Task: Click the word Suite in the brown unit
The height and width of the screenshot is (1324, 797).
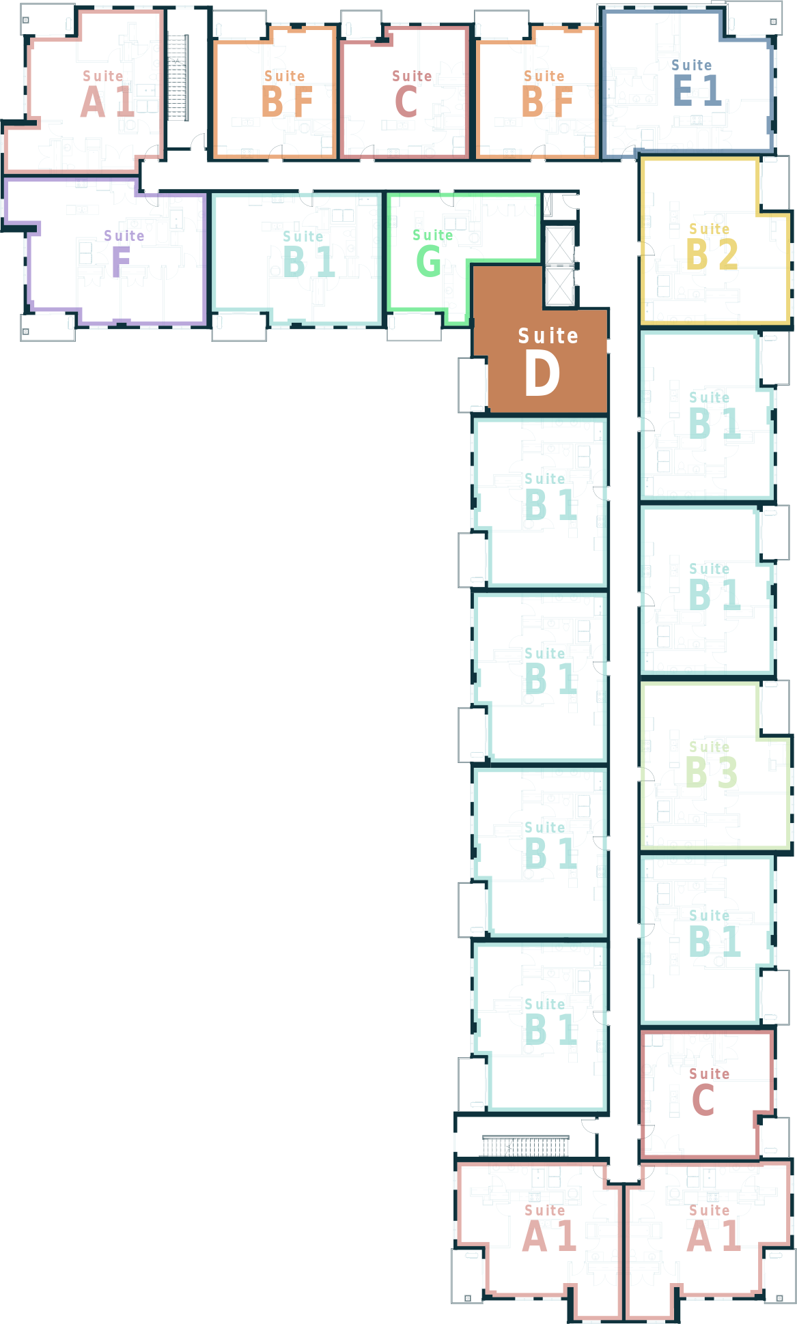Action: coord(548,336)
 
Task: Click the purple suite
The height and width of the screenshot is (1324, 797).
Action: coord(116,253)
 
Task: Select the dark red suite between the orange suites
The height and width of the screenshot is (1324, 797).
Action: coord(404,92)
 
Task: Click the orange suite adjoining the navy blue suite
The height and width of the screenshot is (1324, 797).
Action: coord(537,92)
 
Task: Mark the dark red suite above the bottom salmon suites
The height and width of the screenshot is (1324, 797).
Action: coord(707,1092)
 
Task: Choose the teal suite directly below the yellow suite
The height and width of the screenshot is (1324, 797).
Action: coord(707,416)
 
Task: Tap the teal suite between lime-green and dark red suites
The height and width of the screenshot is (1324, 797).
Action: coord(707,938)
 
